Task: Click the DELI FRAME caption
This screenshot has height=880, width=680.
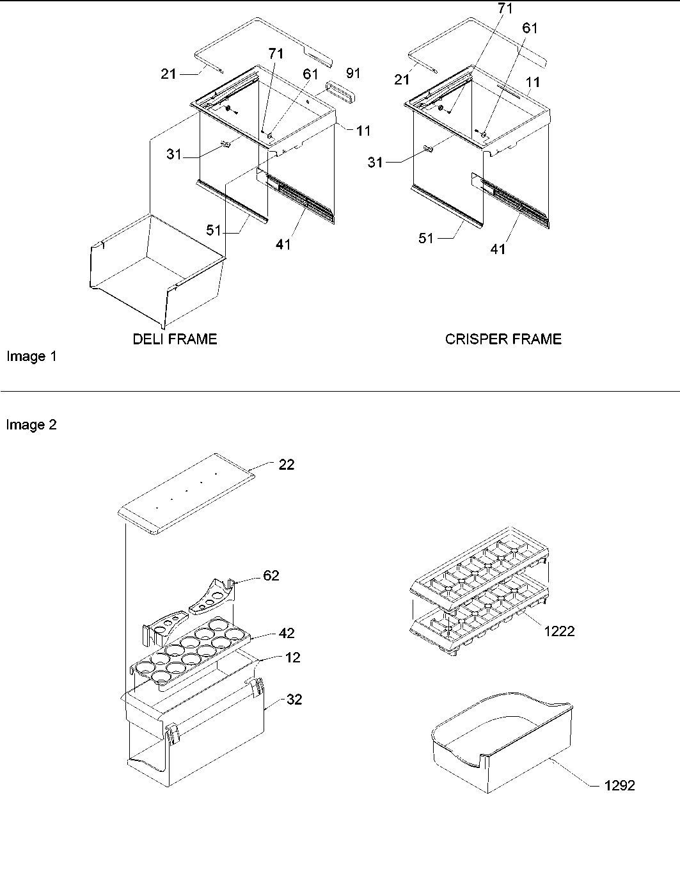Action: (x=175, y=339)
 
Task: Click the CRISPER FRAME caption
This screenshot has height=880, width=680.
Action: (x=503, y=339)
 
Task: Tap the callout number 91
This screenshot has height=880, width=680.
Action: (x=352, y=73)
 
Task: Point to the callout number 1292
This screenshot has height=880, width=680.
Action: (x=619, y=785)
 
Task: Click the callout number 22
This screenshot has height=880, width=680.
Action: (x=287, y=465)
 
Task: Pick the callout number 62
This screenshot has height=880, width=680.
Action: (x=271, y=575)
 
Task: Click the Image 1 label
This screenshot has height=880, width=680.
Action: (x=31, y=356)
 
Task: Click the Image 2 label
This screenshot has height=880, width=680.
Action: (x=31, y=425)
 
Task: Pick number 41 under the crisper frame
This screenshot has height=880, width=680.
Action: (x=498, y=249)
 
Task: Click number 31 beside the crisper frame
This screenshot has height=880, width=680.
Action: (x=376, y=163)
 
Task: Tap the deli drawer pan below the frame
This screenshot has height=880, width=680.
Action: (x=154, y=269)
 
